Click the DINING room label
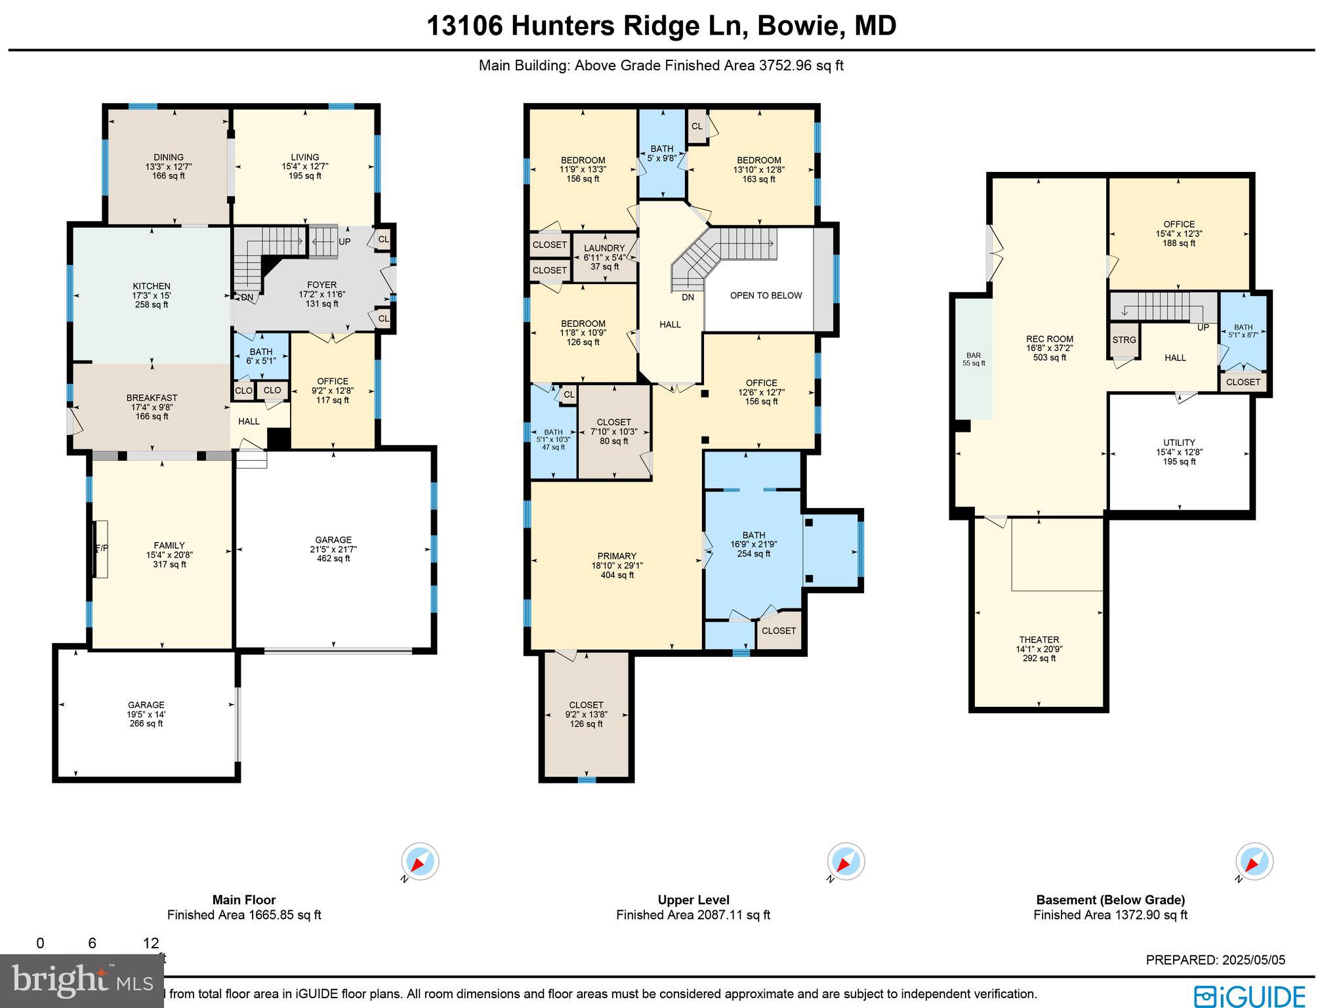pos(169,157)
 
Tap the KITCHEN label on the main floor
pos(152,286)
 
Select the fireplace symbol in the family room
pos(100,549)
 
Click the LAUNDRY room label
pos(604,249)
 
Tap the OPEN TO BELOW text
pos(766,295)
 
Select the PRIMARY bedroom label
pos(617,556)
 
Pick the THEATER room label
pos(1039,640)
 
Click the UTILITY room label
pos(1179,443)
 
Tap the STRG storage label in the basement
pos(1124,340)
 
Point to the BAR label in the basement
pos(973,356)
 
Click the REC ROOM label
pos(1049,339)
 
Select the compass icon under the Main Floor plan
pos(420,861)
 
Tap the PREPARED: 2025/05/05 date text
pos(1215,960)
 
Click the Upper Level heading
pos(693,900)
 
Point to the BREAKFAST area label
pos(152,398)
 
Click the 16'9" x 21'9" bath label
pos(753,544)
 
